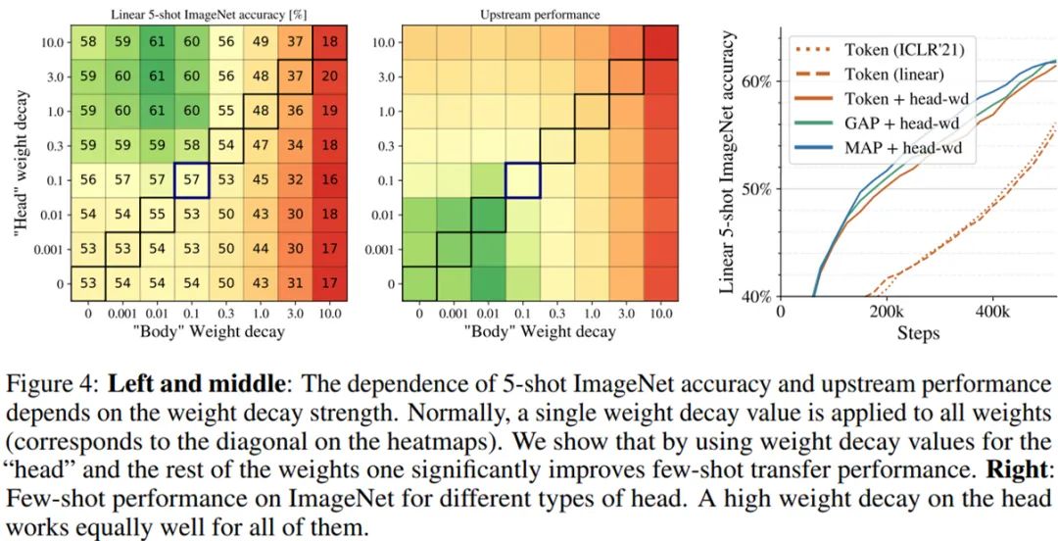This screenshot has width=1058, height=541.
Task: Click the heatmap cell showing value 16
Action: coord(329,179)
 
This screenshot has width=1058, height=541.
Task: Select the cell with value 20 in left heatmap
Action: coord(329,76)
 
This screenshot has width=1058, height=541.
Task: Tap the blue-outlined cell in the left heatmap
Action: coord(192,179)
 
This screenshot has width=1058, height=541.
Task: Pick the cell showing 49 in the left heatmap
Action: coord(261,42)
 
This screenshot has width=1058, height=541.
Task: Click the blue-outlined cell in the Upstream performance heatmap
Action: coord(524,179)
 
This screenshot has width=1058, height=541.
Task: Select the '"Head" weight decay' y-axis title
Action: coord(20,163)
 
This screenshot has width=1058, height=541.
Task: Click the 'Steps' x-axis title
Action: coord(918,333)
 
